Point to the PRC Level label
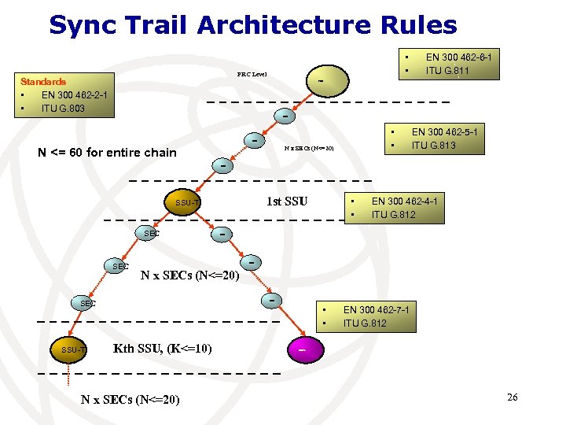[x=252, y=74]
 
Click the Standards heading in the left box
[x=43, y=81]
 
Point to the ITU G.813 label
[x=435, y=146]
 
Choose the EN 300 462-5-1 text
[x=444, y=132]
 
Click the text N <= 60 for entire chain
[x=108, y=152]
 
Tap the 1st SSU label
[x=286, y=201]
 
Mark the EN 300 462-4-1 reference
[x=404, y=201]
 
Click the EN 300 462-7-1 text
[x=376, y=309]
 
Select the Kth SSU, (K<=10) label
[x=162, y=348]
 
